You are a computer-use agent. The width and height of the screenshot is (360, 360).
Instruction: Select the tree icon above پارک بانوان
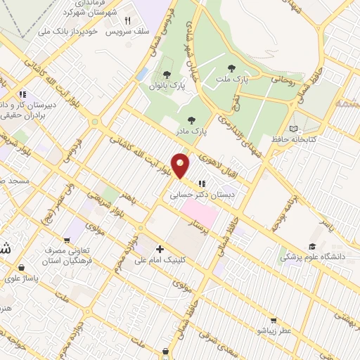click(x=167, y=75)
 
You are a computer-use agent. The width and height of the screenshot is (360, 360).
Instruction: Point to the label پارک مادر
click(x=193, y=130)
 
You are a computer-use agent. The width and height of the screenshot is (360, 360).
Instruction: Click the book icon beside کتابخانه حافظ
click(x=293, y=129)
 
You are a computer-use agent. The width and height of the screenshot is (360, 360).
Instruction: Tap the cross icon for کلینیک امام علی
click(x=160, y=249)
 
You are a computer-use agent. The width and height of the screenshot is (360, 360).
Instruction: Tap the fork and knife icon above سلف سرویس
click(x=127, y=21)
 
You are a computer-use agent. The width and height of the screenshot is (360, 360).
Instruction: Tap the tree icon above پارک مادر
click(x=192, y=120)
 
